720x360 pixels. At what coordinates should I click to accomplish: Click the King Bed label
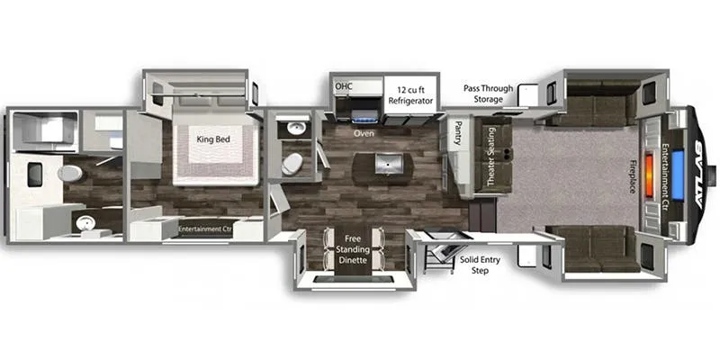213,139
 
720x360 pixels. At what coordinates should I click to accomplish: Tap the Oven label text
364,133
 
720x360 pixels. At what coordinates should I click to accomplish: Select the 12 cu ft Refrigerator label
411,95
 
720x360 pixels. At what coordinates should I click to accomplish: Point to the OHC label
344,85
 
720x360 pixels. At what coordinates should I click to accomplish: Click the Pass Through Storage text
488,94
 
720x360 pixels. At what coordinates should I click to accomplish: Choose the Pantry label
458,132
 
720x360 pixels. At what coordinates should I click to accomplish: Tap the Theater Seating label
490,157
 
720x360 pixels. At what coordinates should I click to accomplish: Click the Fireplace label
633,176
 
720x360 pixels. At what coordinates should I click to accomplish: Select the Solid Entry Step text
480,265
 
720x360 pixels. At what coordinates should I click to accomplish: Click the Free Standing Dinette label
357,250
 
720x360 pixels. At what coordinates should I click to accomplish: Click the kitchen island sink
389,164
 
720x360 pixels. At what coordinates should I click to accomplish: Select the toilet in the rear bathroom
70,173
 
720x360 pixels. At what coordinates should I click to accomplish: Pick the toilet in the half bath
292,164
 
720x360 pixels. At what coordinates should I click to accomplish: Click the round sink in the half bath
296,128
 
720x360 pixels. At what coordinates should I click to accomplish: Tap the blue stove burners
365,117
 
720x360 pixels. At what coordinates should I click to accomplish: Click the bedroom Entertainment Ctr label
205,229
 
